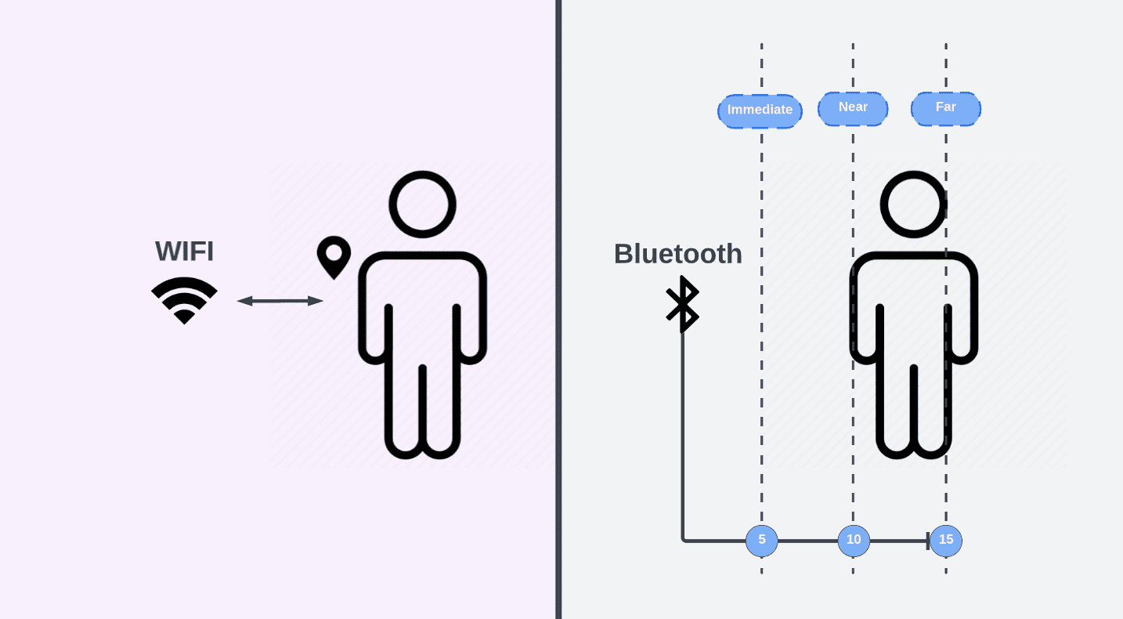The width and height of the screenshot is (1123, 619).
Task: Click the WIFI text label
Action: (x=184, y=252)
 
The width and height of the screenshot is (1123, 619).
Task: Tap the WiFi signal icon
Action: (x=184, y=300)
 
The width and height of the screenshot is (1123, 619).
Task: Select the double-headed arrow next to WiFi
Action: (x=280, y=301)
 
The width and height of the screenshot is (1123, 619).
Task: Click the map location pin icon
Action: (x=334, y=255)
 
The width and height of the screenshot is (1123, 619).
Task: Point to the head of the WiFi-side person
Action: (x=422, y=204)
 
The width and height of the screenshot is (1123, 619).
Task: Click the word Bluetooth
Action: (x=677, y=254)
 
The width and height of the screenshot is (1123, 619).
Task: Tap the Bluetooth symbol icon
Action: (x=682, y=304)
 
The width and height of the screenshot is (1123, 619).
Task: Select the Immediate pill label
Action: (x=760, y=110)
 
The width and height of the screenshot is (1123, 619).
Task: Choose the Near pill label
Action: (x=853, y=107)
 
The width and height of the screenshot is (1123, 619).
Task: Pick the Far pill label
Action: (x=945, y=107)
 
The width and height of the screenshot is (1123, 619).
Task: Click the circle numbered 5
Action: (x=761, y=540)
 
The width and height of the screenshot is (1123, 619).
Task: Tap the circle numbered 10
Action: (x=854, y=540)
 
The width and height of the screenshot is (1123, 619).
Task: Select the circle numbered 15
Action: (x=946, y=540)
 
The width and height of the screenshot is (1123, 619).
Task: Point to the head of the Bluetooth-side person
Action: (x=913, y=204)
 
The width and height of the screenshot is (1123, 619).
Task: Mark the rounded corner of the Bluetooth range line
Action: (x=684, y=538)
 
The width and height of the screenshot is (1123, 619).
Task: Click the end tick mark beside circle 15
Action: (x=928, y=540)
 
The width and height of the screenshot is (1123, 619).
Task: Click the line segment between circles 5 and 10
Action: (x=807, y=540)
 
